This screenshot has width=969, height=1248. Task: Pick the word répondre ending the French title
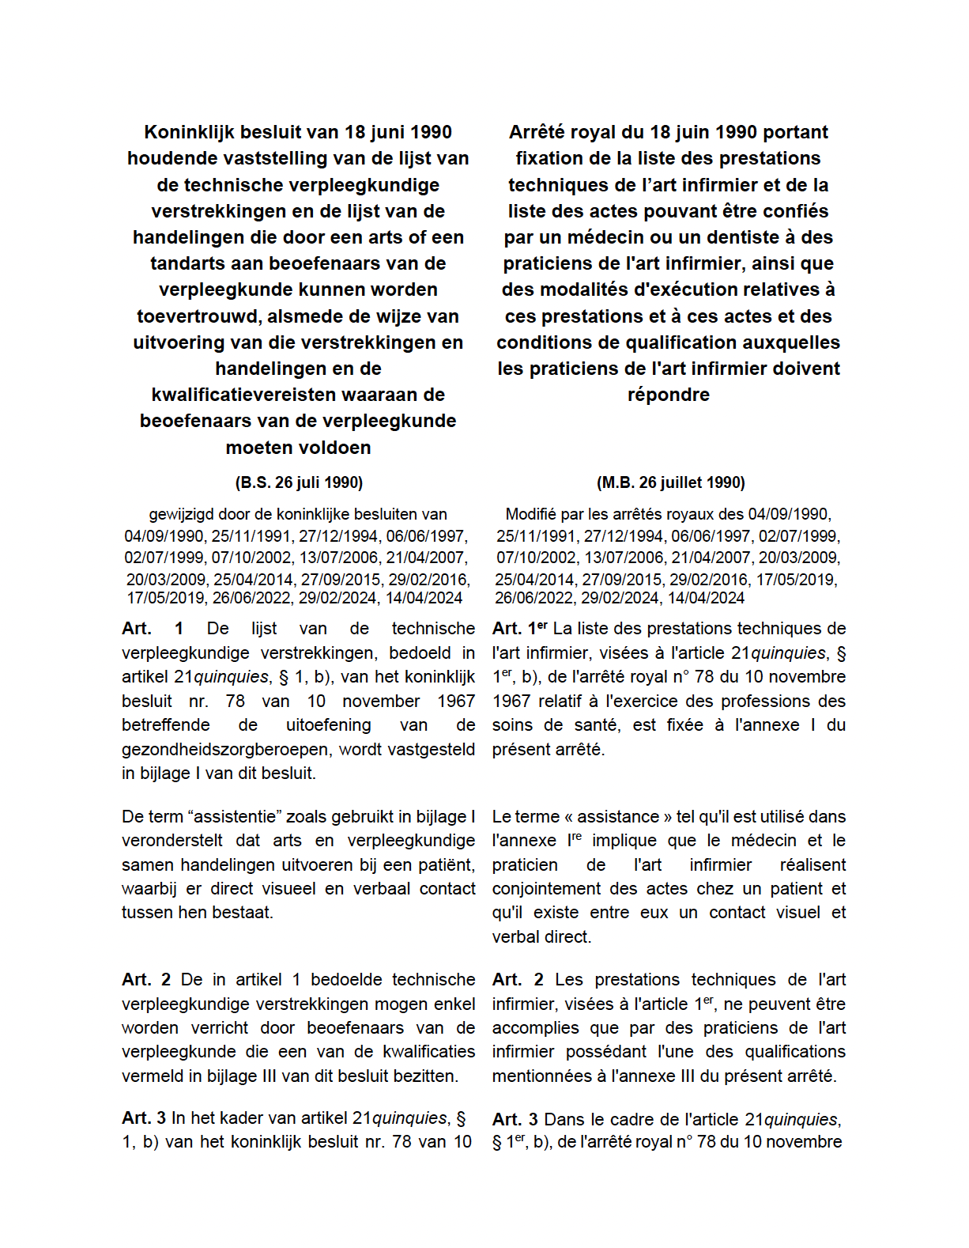tap(668, 395)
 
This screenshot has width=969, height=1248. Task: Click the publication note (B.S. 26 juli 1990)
tap(299, 482)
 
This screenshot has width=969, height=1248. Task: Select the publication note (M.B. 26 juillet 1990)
tap(670, 482)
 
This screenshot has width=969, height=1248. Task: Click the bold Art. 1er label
tap(519, 629)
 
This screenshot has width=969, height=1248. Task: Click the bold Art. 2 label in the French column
tap(518, 980)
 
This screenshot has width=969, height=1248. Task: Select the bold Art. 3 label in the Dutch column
tap(144, 1118)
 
